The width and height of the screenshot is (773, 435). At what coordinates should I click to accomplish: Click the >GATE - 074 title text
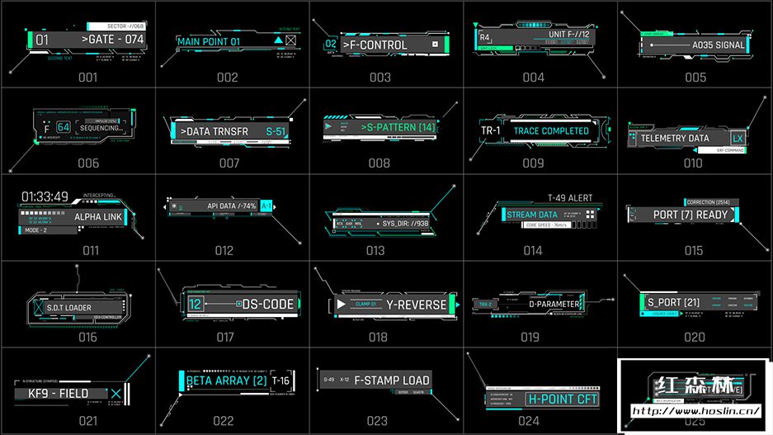click(x=112, y=39)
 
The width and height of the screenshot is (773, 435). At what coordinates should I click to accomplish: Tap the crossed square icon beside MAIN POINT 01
click(x=290, y=40)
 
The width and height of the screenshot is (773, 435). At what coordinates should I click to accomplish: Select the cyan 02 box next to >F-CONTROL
click(x=331, y=45)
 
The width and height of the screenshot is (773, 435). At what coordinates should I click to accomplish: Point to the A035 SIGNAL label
click(x=718, y=45)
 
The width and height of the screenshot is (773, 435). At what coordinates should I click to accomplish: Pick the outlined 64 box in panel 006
click(x=64, y=127)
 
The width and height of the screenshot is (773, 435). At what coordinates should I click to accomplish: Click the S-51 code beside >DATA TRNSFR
click(x=276, y=131)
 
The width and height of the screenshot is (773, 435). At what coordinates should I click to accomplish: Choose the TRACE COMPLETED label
click(x=551, y=131)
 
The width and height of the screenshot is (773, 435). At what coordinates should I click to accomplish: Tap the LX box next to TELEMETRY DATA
click(x=738, y=139)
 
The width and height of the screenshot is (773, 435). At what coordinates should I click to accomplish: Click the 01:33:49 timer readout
click(x=45, y=196)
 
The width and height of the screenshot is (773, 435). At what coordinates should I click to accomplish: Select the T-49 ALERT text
click(x=569, y=199)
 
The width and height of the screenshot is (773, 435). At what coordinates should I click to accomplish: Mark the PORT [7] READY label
click(x=690, y=215)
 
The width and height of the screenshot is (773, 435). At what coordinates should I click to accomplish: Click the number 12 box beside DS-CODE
click(x=195, y=304)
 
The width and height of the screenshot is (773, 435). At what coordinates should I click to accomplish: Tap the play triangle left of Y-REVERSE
click(x=340, y=305)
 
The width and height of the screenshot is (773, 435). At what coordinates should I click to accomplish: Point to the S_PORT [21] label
click(x=668, y=302)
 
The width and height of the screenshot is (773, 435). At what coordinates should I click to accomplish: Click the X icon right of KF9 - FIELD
click(x=115, y=394)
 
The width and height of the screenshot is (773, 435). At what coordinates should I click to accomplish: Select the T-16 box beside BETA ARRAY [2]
click(x=280, y=381)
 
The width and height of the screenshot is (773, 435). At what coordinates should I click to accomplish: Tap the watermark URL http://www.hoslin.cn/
click(x=695, y=410)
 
